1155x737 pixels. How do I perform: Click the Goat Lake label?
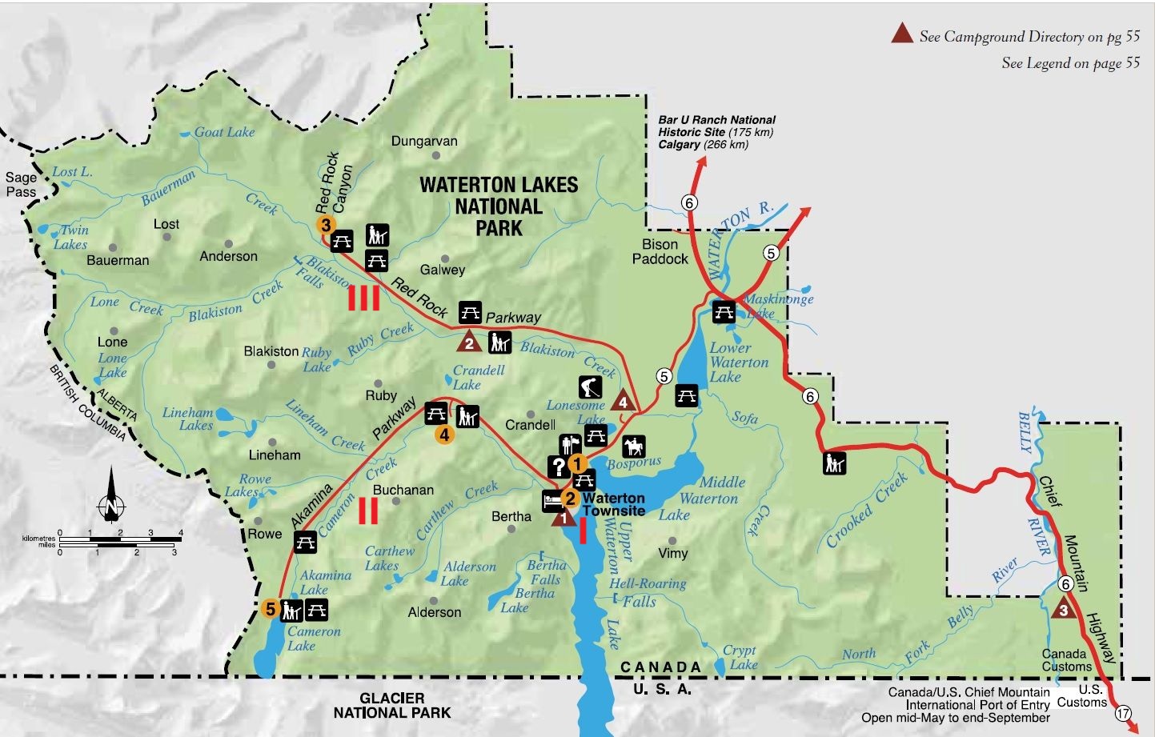click(224, 132)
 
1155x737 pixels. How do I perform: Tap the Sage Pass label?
click(22, 185)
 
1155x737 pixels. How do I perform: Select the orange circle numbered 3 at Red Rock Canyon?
click(325, 225)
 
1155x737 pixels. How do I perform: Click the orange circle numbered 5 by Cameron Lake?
click(271, 609)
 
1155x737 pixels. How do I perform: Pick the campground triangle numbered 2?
click(468, 342)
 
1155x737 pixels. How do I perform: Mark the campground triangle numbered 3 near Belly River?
click(1063, 608)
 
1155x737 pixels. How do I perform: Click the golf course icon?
click(590, 387)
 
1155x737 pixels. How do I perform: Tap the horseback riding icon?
click(633, 446)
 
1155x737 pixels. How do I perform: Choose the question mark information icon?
click(557, 466)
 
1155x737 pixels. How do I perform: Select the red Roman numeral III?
click(363, 298)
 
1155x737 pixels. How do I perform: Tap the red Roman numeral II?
click(368, 511)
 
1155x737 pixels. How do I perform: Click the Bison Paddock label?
click(660, 251)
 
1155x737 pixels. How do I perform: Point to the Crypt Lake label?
click(740, 657)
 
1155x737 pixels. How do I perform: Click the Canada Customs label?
click(1066, 660)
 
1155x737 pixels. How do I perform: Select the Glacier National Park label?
click(391, 705)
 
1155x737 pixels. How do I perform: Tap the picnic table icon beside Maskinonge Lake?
click(724, 310)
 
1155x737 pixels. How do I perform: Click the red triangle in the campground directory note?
click(903, 34)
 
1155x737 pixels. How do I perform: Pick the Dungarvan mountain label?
click(424, 141)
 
